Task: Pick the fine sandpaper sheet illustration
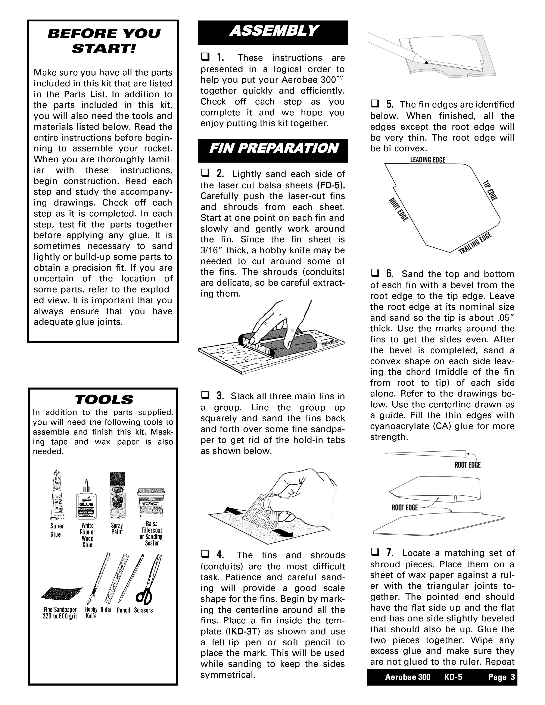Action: [x=61, y=593]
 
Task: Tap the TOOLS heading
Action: [x=104, y=400]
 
